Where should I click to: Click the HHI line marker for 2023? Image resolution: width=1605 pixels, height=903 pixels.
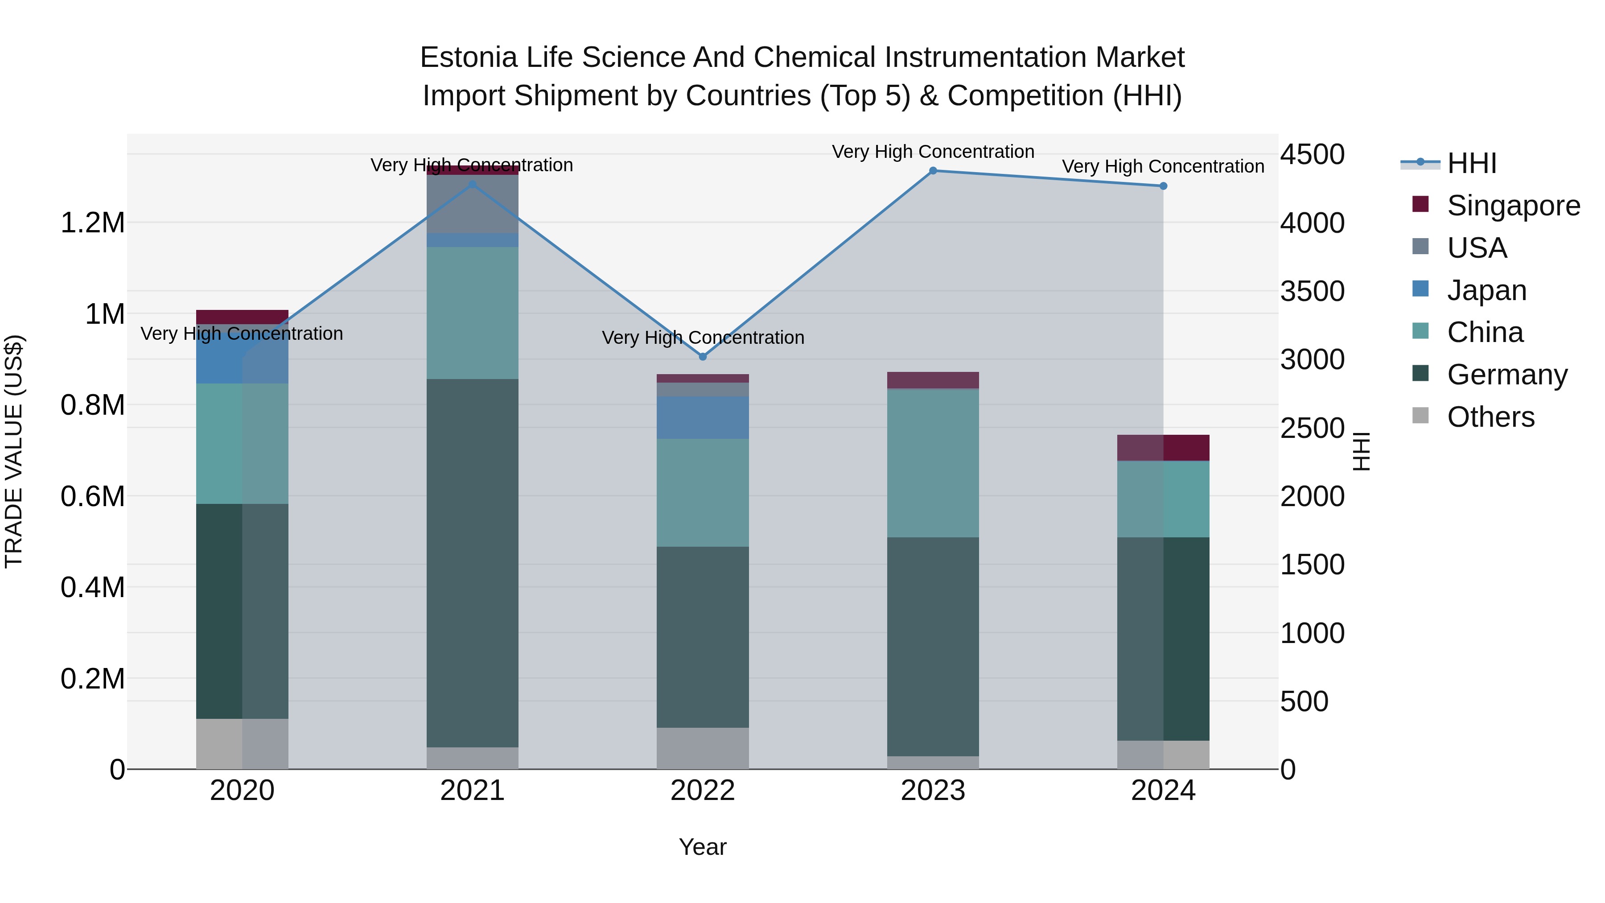tap(933, 171)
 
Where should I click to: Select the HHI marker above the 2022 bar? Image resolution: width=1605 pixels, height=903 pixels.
tap(703, 357)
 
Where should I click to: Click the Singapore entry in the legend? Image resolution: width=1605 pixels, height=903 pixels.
tap(1512, 206)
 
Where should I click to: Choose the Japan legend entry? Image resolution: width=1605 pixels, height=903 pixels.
tap(1486, 290)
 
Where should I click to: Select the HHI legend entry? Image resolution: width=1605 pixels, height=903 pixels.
tap(1471, 163)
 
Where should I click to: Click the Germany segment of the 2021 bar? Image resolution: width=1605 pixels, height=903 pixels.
tap(472, 561)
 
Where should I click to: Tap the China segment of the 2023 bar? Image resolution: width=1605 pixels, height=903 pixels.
tap(933, 462)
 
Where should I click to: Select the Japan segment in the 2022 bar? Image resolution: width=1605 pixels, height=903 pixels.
tap(703, 417)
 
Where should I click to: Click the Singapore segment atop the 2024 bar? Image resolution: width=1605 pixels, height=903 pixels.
tap(1163, 447)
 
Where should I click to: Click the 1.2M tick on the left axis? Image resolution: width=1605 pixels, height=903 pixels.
tap(92, 223)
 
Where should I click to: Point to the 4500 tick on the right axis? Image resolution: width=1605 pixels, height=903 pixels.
tap(1312, 155)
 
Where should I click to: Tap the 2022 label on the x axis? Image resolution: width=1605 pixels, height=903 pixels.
tap(703, 791)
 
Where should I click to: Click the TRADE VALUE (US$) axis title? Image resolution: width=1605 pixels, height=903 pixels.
tap(14, 451)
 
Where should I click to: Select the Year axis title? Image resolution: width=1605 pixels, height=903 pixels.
tap(703, 847)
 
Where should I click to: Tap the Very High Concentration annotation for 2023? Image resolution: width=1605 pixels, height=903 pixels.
tap(933, 152)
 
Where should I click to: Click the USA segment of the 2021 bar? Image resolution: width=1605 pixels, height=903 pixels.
tap(472, 204)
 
